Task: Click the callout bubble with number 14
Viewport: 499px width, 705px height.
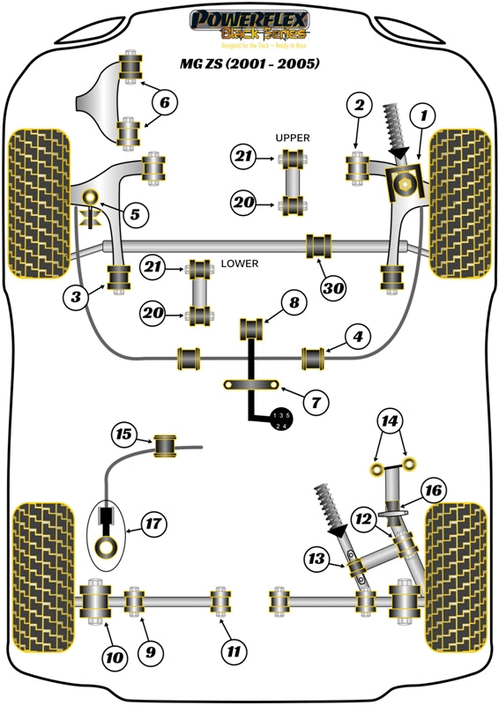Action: point(390,422)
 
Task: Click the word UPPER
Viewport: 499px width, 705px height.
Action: point(293,138)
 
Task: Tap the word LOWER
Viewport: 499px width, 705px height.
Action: point(239,263)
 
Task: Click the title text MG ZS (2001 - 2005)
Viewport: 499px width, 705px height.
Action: point(249,63)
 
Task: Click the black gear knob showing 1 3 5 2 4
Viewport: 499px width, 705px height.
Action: point(280,420)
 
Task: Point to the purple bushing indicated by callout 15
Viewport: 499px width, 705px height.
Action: point(165,445)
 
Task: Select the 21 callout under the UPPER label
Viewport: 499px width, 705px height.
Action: point(242,157)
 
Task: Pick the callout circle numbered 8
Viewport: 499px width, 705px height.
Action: point(294,304)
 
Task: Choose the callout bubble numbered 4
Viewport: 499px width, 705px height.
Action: point(356,337)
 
